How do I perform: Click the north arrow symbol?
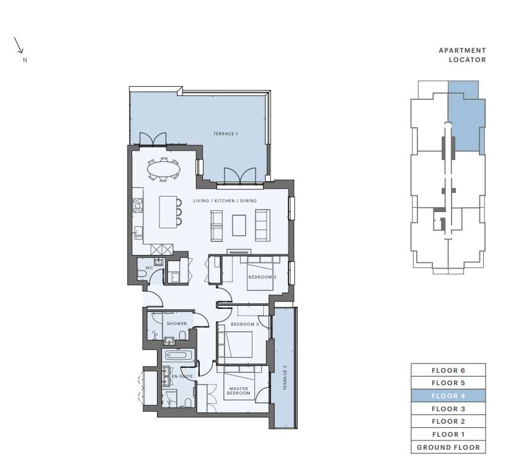[19, 45]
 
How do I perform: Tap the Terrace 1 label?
[225, 134]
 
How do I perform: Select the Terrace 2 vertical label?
[285, 378]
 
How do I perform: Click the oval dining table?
[164, 169]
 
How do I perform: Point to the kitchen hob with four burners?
[138, 205]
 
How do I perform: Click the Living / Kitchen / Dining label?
[225, 200]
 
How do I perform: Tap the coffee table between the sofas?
[239, 225]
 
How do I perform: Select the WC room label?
[149, 267]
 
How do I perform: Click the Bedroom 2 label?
[262, 277]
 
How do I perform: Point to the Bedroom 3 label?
[245, 324]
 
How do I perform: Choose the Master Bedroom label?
[238, 391]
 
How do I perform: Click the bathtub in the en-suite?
[177, 355]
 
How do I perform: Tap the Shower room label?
[177, 323]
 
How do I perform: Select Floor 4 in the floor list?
[448, 396]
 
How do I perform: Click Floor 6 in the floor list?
[448, 370]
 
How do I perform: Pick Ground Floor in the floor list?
[448, 447]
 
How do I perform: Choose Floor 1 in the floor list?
[448, 434]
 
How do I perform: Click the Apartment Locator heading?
[462, 55]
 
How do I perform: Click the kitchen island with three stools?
[168, 212]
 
